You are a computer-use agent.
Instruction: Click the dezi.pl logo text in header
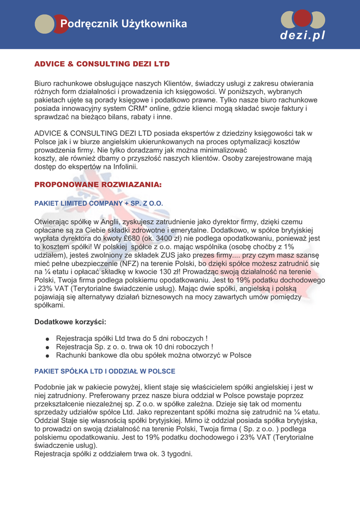302,36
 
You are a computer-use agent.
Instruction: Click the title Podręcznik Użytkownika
123,24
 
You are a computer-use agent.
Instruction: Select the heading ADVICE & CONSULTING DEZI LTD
102,64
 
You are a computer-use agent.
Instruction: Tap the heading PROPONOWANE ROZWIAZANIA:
98,184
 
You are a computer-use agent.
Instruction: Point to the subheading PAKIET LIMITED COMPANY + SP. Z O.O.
98,203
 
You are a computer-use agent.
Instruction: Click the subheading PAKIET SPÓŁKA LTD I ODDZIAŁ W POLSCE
104,371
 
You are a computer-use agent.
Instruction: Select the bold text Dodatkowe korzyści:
70,322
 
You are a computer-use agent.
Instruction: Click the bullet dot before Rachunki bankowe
47,356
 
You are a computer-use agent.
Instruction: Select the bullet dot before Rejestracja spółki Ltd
47,339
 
